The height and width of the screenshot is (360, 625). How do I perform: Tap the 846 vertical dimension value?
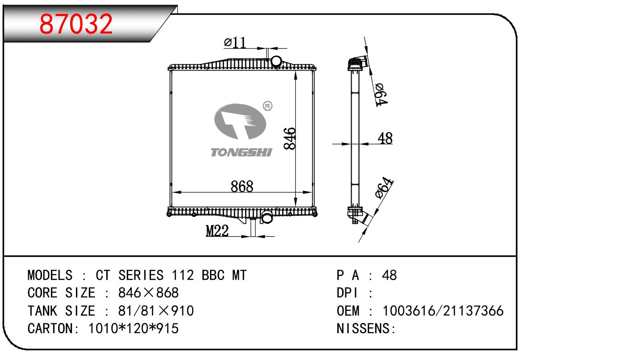[x=289, y=139]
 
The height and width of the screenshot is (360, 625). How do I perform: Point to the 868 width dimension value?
[x=242, y=186]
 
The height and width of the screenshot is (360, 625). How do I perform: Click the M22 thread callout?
[x=217, y=231]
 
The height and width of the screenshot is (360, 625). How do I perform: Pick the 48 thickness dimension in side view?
[x=385, y=138]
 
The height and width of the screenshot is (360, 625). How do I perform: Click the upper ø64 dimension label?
[x=381, y=94]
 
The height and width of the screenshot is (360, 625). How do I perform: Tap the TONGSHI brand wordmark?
[x=241, y=153]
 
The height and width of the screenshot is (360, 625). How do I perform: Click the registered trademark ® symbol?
[x=268, y=106]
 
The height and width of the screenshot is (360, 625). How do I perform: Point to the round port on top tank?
[x=277, y=61]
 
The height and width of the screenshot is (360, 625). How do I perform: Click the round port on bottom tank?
[x=267, y=218]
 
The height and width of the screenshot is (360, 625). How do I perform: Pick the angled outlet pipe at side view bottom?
[x=360, y=218]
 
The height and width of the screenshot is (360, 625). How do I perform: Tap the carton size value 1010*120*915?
[x=134, y=329]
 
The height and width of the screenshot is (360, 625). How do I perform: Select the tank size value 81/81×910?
[x=155, y=311]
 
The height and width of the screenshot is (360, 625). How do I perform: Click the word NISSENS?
[x=363, y=329]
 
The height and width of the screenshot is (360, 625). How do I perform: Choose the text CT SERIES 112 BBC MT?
[x=171, y=275]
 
